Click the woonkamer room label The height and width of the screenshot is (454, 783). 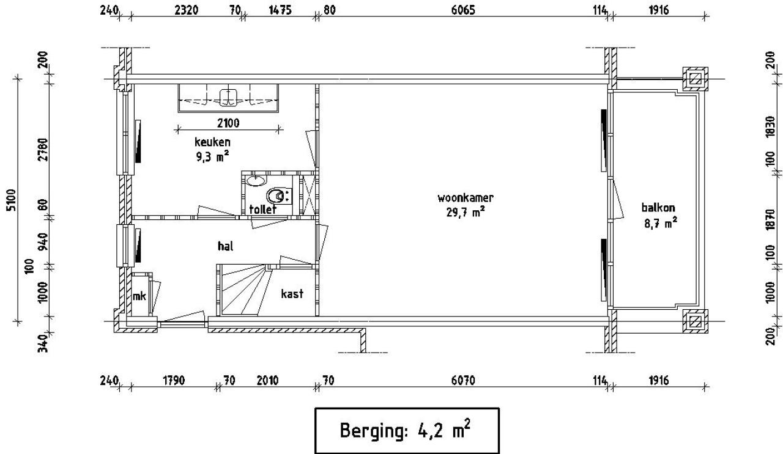[x=465, y=198]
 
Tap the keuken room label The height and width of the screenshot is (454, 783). [x=212, y=142]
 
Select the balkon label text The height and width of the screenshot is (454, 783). [x=658, y=207]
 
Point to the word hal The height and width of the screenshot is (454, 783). [x=226, y=246]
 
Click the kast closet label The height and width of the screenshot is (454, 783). [x=292, y=294]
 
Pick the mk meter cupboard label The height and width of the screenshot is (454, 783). [x=139, y=296]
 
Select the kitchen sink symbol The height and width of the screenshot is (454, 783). [x=229, y=97]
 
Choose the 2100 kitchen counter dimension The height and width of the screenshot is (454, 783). [x=228, y=123]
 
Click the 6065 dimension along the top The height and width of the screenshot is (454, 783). [x=462, y=10]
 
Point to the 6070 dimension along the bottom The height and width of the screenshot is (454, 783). [x=462, y=381]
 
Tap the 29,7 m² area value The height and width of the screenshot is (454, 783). [x=465, y=212]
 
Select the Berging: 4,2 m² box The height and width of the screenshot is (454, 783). [x=407, y=430]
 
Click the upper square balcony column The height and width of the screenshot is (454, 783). [x=696, y=78]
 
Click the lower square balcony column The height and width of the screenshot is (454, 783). [x=696, y=321]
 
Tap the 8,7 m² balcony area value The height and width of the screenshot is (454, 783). [x=659, y=224]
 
